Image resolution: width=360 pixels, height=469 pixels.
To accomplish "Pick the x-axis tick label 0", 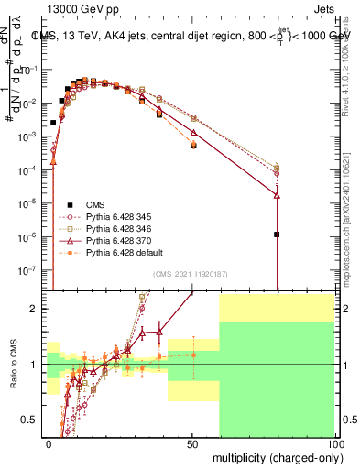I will click(x=49, y=442).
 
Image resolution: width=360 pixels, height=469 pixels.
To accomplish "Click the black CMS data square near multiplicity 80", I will click(x=276, y=234).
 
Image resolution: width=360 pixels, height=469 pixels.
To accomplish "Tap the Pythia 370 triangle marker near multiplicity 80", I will click(x=276, y=194).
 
